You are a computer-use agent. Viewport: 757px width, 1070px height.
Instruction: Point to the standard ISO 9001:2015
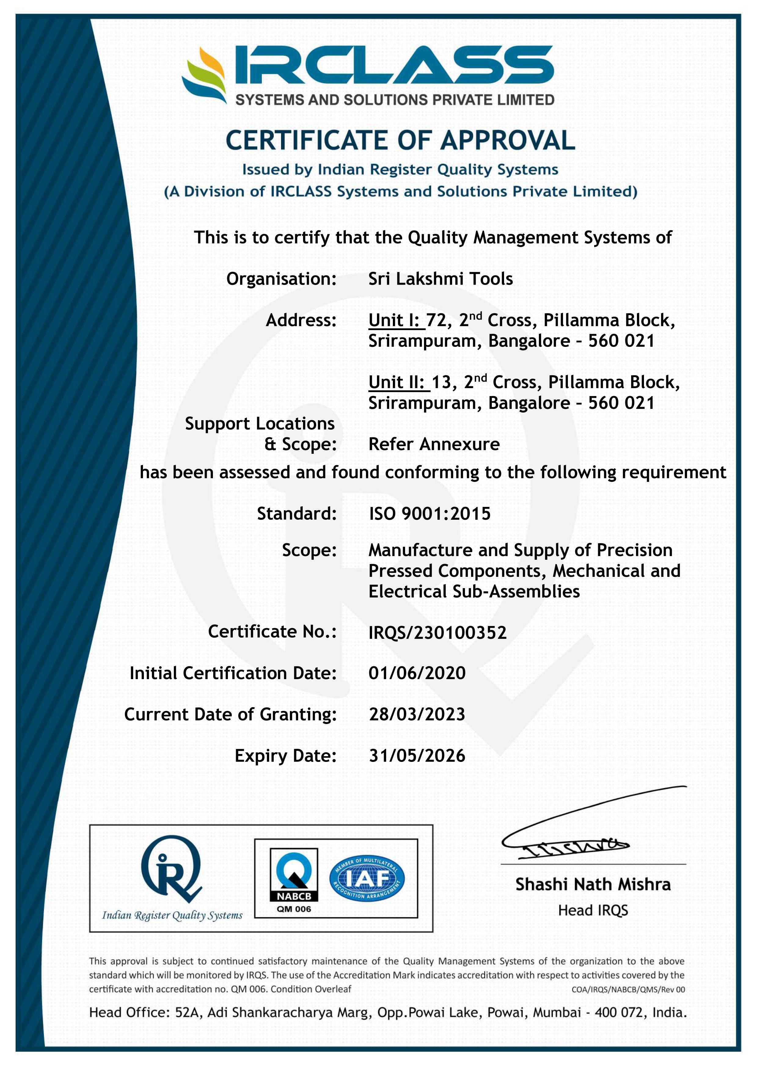[429, 514]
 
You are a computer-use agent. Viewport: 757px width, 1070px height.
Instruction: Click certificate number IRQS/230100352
[437, 632]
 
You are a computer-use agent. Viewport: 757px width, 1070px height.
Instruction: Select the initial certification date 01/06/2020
[417, 673]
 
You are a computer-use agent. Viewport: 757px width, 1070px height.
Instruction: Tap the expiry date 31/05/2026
[417, 756]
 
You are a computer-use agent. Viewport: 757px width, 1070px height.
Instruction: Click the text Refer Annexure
[433, 444]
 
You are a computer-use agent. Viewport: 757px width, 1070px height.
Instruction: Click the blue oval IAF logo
[367, 879]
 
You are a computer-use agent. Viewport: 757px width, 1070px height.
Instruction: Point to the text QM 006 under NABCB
[294, 909]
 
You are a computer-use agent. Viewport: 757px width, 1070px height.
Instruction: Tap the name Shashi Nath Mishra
[593, 885]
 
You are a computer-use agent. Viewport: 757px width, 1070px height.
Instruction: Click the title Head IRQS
[593, 910]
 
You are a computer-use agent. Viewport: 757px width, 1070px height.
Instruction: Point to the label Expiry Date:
[285, 756]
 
